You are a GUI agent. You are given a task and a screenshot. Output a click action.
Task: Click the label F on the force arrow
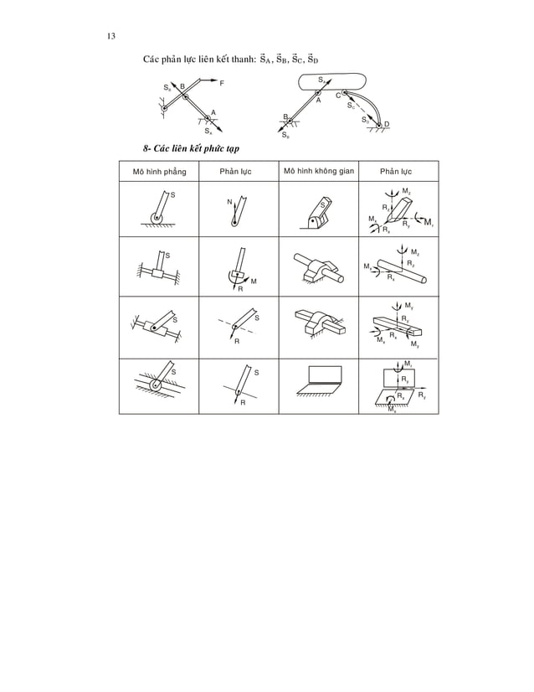pyautogui.click(x=221, y=83)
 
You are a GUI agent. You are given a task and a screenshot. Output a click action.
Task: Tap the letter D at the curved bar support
pyautogui.click(x=387, y=124)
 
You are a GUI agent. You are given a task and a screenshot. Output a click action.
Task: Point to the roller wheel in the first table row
pyautogui.click(x=155, y=220)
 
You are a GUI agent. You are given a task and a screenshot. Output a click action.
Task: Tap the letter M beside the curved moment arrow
pyautogui.click(x=254, y=281)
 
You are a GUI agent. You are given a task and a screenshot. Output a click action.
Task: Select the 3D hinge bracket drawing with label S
pyautogui.click(x=317, y=212)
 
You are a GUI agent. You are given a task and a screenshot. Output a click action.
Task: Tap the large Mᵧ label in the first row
pyautogui.click(x=428, y=222)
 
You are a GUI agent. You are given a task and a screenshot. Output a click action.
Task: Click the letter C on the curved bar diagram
pyautogui.click(x=337, y=96)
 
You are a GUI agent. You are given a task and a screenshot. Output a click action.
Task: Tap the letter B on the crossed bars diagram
pyautogui.click(x=182, y=86)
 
